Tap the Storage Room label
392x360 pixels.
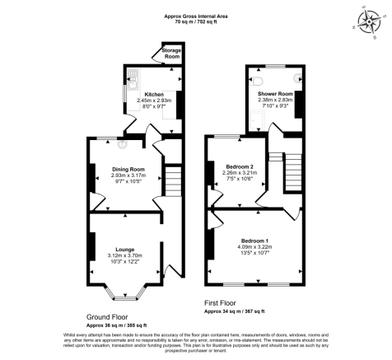tap(171, 53)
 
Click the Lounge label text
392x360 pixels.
tap(125, 248)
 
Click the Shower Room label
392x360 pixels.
tap(275, 93)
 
